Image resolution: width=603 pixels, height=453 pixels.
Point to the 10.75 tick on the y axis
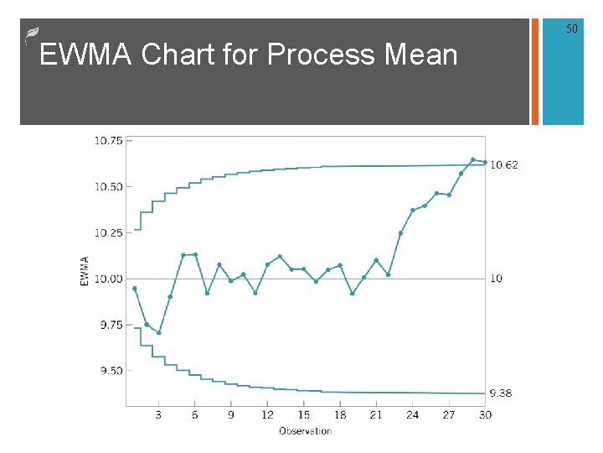(107, 141)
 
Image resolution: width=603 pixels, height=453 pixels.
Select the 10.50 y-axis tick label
(107, 187)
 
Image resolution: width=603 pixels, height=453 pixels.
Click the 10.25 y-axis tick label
(107, 232)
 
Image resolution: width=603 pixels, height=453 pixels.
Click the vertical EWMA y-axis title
(84, 271)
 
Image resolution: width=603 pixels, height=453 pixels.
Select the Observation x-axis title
(306, 431)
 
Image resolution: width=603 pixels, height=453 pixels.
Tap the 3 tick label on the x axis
(159, 414)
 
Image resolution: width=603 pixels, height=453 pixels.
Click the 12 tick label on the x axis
(267, 414)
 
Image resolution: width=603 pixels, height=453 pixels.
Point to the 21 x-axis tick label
(376, 414)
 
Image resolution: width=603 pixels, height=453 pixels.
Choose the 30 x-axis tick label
(484, 414)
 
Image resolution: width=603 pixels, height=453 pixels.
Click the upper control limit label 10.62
(504, 165)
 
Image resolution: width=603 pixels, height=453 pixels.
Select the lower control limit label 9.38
(501, 393)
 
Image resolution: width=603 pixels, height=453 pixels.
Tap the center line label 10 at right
(496, 279)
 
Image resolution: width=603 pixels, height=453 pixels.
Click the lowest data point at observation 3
(158, 333)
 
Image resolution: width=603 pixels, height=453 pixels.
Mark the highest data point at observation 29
(473, 159)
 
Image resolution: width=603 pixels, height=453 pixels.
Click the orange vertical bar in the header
(535, 71)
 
